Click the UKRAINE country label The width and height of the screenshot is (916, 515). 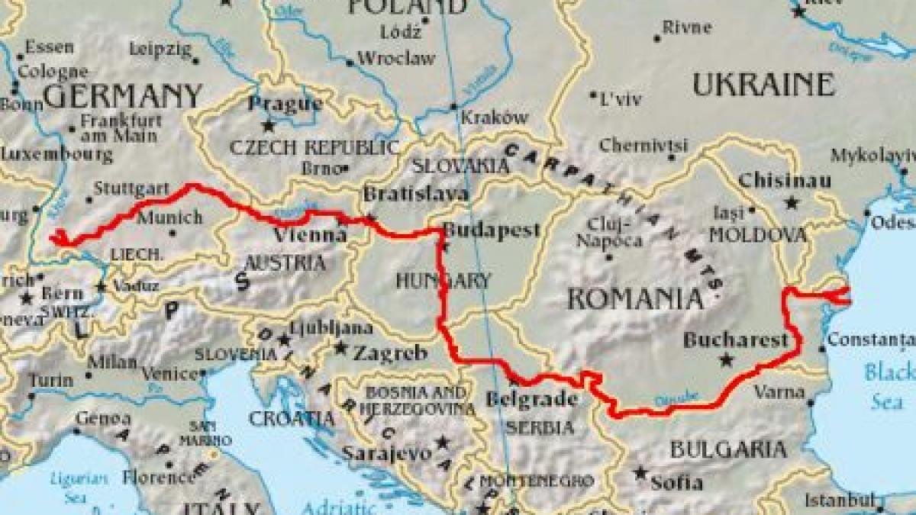(763, 85)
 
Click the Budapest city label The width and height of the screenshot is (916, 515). (492, 230)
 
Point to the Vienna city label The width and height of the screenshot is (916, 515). (309, 235)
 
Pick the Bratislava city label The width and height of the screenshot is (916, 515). (415, 195)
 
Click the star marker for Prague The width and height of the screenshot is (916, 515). (268, 124)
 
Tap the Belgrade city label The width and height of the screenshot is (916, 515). (531, 400)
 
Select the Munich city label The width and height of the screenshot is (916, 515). (169, 217)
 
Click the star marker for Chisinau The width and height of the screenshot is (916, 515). (792, 203)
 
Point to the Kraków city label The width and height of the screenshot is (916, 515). (495, 117)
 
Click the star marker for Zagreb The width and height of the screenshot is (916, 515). (340, 348)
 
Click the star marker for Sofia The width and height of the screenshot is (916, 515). (640, 473)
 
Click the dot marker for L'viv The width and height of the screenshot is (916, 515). (594, 95)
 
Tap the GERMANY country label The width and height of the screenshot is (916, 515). (122, 96)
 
